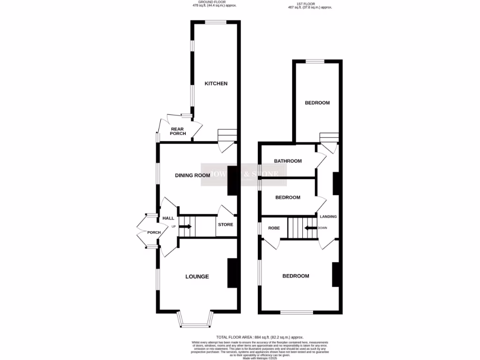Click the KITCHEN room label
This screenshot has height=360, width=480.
click(x=216, y=83)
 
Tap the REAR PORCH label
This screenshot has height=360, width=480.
click(x=178, y=131)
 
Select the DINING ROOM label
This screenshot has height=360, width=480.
click(x=192, y=175)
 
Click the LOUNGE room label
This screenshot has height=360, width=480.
click(x=197, y=277)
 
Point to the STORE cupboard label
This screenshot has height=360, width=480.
click(x=225, y=225)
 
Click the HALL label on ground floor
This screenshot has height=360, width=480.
click(x=168, y=218)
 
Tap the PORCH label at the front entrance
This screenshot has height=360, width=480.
click(x=154, y=232)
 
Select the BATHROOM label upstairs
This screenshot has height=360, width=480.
click(x=288, y=161)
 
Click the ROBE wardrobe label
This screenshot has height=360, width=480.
click(x=274, y=228)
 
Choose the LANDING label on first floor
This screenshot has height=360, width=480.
click(x=328, y=217)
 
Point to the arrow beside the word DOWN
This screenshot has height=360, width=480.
click(x=310, y=228)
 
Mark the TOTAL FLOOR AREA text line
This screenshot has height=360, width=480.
click(x=260, y=337)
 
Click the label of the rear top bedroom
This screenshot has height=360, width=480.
click(x=317, y=103)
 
